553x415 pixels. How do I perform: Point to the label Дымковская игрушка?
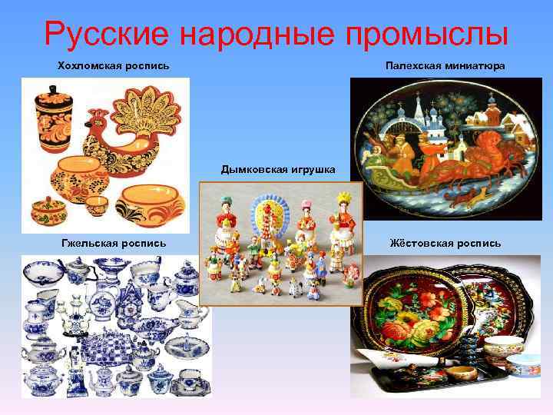[x=278, y=168]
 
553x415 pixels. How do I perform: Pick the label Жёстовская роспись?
[x=445, y=243]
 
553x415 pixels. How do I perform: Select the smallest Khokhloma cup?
[x=96, y=205]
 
